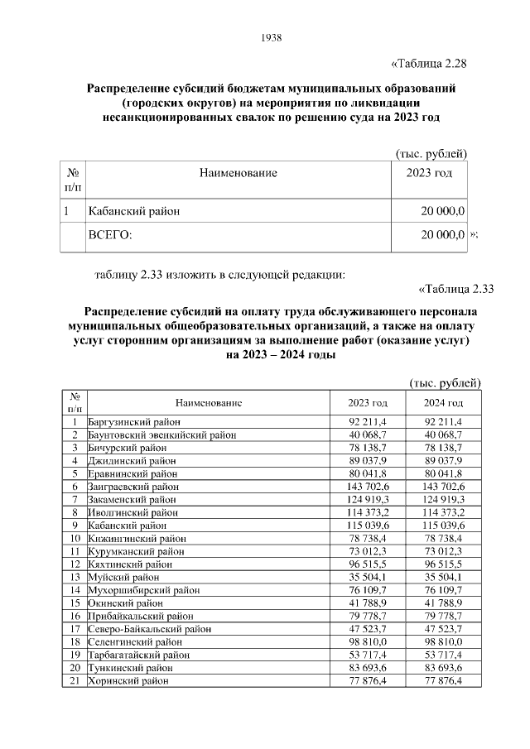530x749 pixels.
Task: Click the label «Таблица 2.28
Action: (x=429, y=65)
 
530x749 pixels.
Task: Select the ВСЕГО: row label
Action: (x=110, y=235)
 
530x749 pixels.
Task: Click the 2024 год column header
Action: (x=443, y=402)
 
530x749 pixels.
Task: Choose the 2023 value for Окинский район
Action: (x=372, y=603)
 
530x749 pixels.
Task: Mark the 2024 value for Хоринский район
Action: (x=443, y=680)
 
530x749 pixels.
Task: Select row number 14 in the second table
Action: (x=75, y=590)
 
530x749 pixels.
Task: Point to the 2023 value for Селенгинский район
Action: (x=372, y=641)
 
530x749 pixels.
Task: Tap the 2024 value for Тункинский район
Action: (x=443, y=667)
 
